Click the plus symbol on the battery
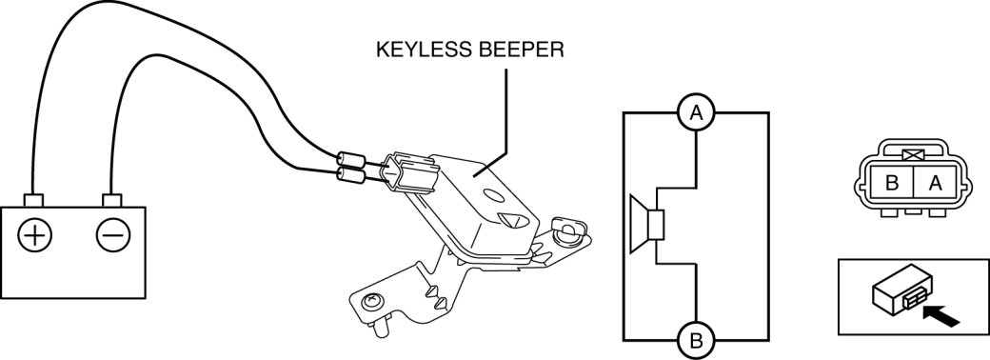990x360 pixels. click(x=34, y=235)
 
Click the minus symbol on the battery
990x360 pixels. click(x=113, y=235)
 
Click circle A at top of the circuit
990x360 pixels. click(x=696, y=113)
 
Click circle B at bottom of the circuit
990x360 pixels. click(x=696, y=341)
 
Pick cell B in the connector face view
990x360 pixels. click(x=892, y=184)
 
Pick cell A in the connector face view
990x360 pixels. click(x=933, y=184)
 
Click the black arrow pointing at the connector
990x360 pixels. click(x=941, y=316)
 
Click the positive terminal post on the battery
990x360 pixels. click(x=32, y=200)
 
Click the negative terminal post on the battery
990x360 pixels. click(x=111, y=200)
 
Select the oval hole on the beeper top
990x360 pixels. click(x=494, y=196)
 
